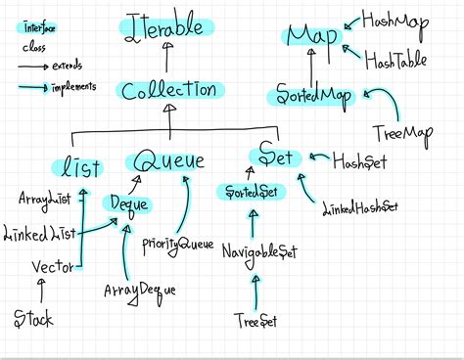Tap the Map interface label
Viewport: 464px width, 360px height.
click(312, 37)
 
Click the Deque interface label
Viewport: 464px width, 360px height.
click(127, 204)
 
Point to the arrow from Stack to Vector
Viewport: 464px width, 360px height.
click(40, 291)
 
